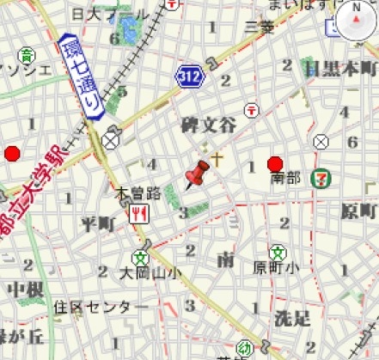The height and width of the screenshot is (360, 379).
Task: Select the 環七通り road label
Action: pos(82,76)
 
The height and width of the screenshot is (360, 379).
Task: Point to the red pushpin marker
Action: pos(196,174)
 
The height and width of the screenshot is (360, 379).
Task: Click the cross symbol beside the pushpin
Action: pos(218,159)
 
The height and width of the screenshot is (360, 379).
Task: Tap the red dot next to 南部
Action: pos(275,164)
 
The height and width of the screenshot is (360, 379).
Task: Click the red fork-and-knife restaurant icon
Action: pos(137,213)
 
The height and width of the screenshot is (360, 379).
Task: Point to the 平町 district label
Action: pos(96,224)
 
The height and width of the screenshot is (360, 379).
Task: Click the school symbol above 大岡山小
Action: pos(139,256)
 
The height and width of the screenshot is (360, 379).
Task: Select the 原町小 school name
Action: pos(276,268)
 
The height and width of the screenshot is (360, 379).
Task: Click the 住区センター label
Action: pos(93,306)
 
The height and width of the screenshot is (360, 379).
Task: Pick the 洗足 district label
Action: pos(291,319)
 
